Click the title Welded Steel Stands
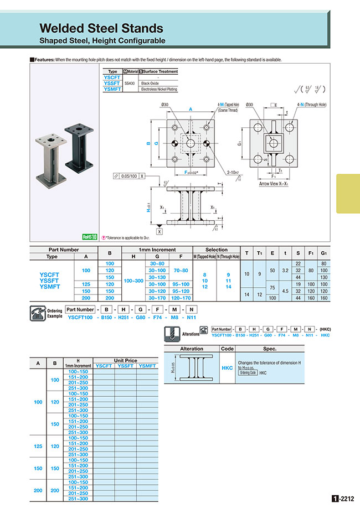coord(101,28)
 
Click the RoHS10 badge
coord(89,236)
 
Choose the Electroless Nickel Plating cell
coord(159,89)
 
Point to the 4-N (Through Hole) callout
coord(312,105)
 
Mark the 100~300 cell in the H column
coord(133,281)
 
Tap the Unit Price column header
coord(125,360)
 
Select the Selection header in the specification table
coord(216,250)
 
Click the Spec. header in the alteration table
coord(270,349)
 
